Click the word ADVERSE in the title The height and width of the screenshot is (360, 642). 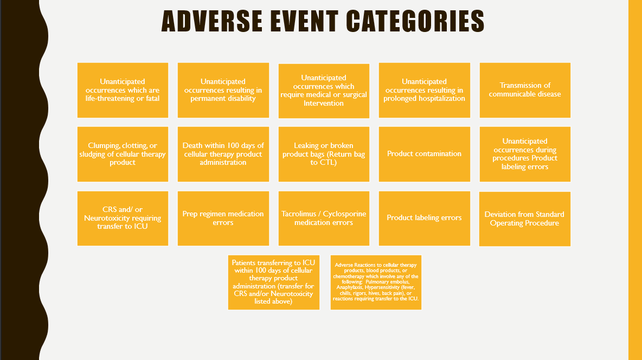coord(211,21)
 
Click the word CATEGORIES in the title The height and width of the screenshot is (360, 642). coord(415,21)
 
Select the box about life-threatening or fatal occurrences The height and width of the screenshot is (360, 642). coord(123,90)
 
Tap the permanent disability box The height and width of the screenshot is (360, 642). coord(223,90)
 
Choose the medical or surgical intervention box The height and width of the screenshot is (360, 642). coord(324,91)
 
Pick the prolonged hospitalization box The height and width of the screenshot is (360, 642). coord(425,90)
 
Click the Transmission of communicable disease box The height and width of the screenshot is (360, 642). coord(525,90)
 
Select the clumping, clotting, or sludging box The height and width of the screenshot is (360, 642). coord(123,154)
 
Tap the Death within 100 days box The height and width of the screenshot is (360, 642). coord(223,154)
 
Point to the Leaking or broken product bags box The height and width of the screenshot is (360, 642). coord(324,154)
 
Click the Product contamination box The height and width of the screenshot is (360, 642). coord(425,154)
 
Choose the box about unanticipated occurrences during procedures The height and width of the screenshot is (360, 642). coord(525,154)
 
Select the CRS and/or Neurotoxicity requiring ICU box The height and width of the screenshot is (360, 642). coord(123,218)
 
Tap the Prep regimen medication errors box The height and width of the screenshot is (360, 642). coord(223,218)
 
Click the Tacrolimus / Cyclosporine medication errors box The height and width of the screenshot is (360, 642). coord(324,218)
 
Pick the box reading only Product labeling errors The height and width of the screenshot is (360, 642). coord(425,218)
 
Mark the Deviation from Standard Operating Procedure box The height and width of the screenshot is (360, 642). coord(525,218)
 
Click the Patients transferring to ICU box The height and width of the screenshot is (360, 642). coord(273,282)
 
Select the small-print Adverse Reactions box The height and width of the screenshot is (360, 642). coord(376,282)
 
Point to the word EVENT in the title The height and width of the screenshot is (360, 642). coord(304,21)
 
